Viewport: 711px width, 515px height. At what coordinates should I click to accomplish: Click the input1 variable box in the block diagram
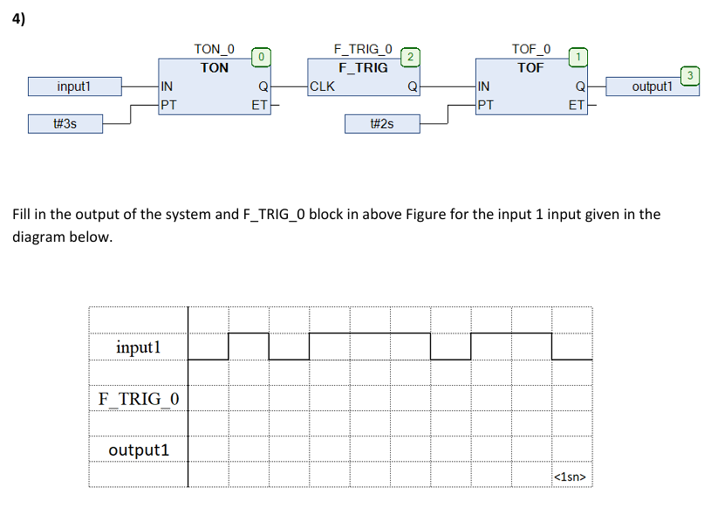tap(74, 86)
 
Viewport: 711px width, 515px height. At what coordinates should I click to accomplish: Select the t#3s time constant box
tap(65, 124)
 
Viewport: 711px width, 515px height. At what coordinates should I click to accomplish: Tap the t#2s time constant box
tap(382, 124)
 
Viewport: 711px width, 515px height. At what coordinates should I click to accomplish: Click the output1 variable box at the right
tap(653, 86)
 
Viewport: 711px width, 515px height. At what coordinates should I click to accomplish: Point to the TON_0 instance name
tap(214, 50)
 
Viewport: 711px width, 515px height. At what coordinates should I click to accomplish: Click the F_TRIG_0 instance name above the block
tap(363, 50)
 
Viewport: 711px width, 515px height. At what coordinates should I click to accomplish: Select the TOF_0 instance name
tap(530, 50)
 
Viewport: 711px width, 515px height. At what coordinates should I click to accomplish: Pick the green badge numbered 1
tap(577, 57)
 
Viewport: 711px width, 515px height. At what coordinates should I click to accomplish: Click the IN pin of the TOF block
tap(484, 86)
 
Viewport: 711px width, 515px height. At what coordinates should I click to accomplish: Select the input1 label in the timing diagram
tap(139, 347)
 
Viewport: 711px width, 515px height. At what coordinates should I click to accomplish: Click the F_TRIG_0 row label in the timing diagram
tap(139, 399)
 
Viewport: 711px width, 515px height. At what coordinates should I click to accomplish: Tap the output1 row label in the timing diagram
tap(139, 450)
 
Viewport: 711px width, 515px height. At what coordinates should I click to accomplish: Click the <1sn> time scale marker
tap(571, 477)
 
